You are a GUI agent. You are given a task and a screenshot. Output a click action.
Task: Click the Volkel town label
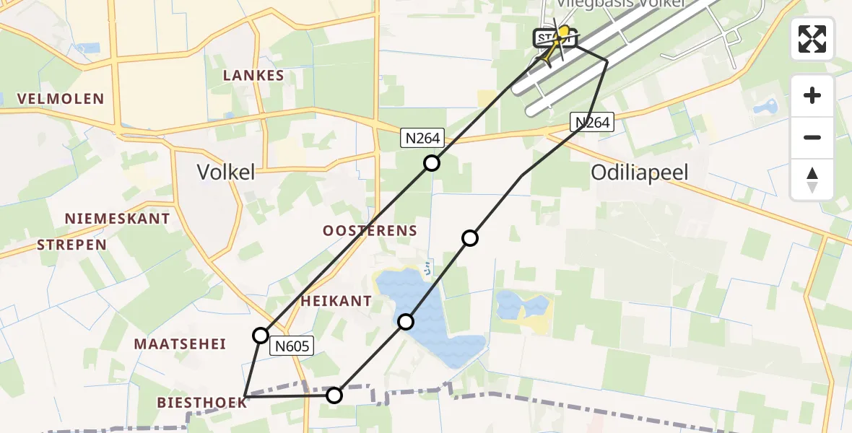(226, 172)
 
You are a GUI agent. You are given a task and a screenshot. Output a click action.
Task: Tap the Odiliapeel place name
(639, 172)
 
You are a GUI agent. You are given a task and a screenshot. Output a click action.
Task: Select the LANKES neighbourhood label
(253, 76)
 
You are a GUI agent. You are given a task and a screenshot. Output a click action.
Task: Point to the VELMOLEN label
(61, 99)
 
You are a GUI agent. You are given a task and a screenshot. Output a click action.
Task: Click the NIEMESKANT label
(117, 219)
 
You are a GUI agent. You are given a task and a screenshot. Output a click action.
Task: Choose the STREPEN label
(71, 245)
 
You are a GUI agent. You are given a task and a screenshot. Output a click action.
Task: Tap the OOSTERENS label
(370, 231)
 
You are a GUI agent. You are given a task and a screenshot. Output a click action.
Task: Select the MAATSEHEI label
(179, 344)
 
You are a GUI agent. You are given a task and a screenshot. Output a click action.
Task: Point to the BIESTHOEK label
(202, 403)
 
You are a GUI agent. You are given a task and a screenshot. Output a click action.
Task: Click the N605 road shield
(292, 347)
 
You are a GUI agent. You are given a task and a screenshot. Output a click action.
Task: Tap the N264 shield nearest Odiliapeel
(593, 123)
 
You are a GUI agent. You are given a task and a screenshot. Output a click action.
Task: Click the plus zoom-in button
(812, 96)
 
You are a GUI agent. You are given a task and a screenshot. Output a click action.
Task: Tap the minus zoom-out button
(812, 137)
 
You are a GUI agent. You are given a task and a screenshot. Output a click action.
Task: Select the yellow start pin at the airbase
(562, 34)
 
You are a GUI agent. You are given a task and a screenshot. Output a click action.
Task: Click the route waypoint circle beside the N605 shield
(261, 335)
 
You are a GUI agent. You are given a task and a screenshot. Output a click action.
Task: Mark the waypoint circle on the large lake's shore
(407, 322)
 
